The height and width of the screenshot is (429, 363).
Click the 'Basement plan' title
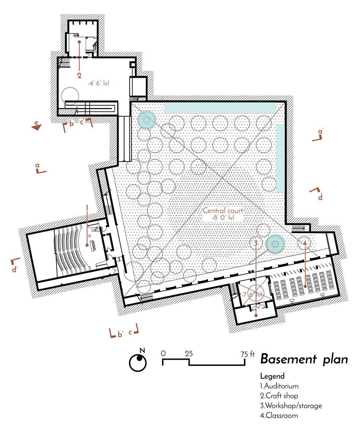[304, 359]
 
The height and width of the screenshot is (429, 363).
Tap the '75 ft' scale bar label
[247, 354]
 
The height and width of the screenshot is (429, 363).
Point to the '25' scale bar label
[189, 354]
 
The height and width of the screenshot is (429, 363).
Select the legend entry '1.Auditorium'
[279, 386]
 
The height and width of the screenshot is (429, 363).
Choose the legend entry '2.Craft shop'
[279, 396]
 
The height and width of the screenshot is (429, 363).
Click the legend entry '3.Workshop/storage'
[291, 406]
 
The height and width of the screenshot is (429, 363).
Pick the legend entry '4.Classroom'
[279, 416]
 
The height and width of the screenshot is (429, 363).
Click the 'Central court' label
[223, 211]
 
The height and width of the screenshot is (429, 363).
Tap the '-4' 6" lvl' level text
[98, 84]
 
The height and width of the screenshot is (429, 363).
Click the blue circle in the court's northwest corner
[146, 119]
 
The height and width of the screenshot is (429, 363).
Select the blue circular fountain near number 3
[275, 244]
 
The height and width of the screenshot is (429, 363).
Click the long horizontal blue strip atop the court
[220, 107]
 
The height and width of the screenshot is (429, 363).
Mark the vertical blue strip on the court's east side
[280, 158]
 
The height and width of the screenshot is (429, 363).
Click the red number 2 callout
[79, 75]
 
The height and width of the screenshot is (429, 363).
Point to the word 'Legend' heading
[272, 376]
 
